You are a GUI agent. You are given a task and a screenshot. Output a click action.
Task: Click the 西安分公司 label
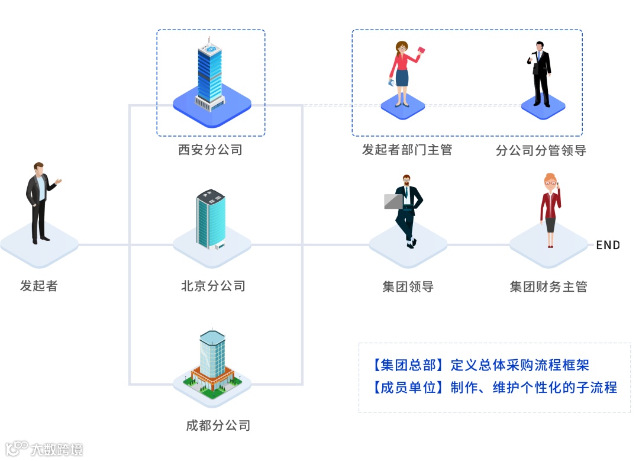click(211, 150)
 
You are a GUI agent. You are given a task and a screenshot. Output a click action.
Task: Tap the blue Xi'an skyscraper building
click(210, 74)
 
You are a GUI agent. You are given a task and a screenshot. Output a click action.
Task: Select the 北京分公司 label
click(213, 286)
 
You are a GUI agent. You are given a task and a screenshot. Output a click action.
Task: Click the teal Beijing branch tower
click(211, 219)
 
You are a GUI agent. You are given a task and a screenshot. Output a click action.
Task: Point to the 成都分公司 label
click(218, 425)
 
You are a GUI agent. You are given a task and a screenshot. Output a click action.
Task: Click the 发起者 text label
click(39, 286)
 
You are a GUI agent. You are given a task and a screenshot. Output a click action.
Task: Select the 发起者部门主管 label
click(407, 150)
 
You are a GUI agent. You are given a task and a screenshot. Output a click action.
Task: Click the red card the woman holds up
click(421, 51)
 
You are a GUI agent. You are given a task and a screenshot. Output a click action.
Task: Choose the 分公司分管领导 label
click(541, 150)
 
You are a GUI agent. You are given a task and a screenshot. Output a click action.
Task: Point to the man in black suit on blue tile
click(541, 74)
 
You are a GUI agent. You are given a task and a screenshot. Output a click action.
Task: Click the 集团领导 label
click(408, 287)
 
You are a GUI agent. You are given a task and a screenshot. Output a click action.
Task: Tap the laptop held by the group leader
click(393, 201)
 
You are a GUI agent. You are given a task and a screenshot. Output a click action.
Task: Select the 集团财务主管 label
click(548, 287)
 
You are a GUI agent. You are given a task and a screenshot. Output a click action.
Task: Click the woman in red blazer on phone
click(550, 210)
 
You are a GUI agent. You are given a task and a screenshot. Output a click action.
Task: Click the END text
click(608, 245)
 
